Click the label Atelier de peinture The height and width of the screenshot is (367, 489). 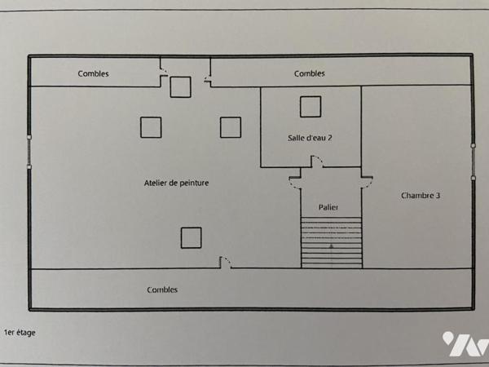point(176,183)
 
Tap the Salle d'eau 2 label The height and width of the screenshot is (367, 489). point(310,138)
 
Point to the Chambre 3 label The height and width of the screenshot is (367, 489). point(421,196)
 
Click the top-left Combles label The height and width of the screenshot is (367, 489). point(93,73)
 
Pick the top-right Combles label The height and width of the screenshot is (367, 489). point(309,73)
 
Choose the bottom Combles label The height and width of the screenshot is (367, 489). point(162,290)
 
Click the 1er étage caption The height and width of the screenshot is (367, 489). point(20,333)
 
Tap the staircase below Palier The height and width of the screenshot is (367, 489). point(331,242)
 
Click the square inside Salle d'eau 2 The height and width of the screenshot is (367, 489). point(310,107)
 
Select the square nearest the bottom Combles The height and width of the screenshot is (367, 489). point(191,237)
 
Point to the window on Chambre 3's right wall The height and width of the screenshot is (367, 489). point(472,160)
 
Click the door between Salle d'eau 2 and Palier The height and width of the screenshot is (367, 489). point(317,163)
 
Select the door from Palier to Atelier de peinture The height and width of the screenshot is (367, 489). point(295,183)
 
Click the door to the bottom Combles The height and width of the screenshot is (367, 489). point(226,263)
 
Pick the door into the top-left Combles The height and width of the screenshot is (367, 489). point(164,72)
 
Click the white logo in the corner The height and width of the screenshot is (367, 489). point(465,345)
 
